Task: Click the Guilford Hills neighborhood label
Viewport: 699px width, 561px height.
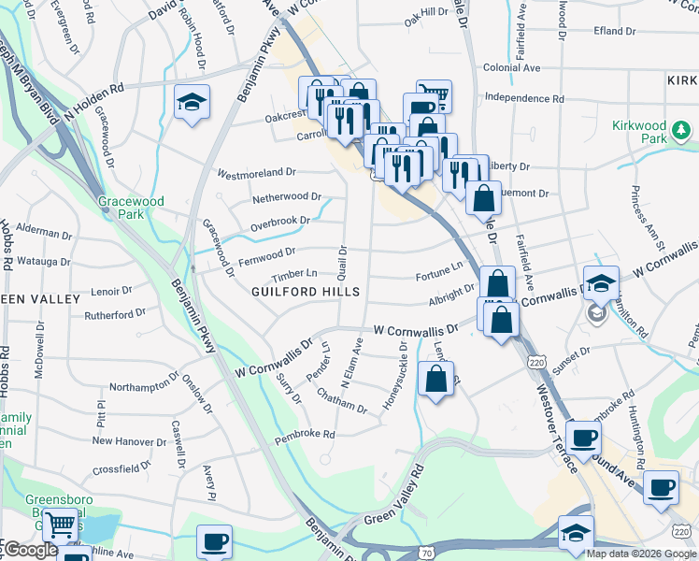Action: (306, 292)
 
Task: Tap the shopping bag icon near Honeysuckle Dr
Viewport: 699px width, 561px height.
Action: (436, 380)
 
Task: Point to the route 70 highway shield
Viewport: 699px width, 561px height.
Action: (427, 554)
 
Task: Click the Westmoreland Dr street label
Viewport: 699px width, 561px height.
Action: (256, 173)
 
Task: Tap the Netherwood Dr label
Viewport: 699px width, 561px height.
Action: (286, 198)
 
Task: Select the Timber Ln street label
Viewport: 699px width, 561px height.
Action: (294, 274)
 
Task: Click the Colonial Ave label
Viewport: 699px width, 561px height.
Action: (512, 68)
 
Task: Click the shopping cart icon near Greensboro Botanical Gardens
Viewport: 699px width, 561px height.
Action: (62, 527)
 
